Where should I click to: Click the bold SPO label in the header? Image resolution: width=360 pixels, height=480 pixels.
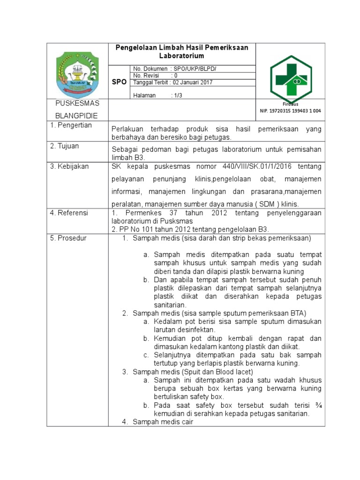(119, 82)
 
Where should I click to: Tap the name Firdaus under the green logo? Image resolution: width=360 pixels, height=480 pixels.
(290, 104)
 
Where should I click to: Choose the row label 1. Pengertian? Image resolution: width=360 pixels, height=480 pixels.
(71, 126)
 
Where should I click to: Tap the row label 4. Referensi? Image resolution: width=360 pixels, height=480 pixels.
(69, 213)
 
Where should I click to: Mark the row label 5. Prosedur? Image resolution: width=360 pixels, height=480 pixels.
(68, 238)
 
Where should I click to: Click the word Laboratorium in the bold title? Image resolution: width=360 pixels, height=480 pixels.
(182, 55)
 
